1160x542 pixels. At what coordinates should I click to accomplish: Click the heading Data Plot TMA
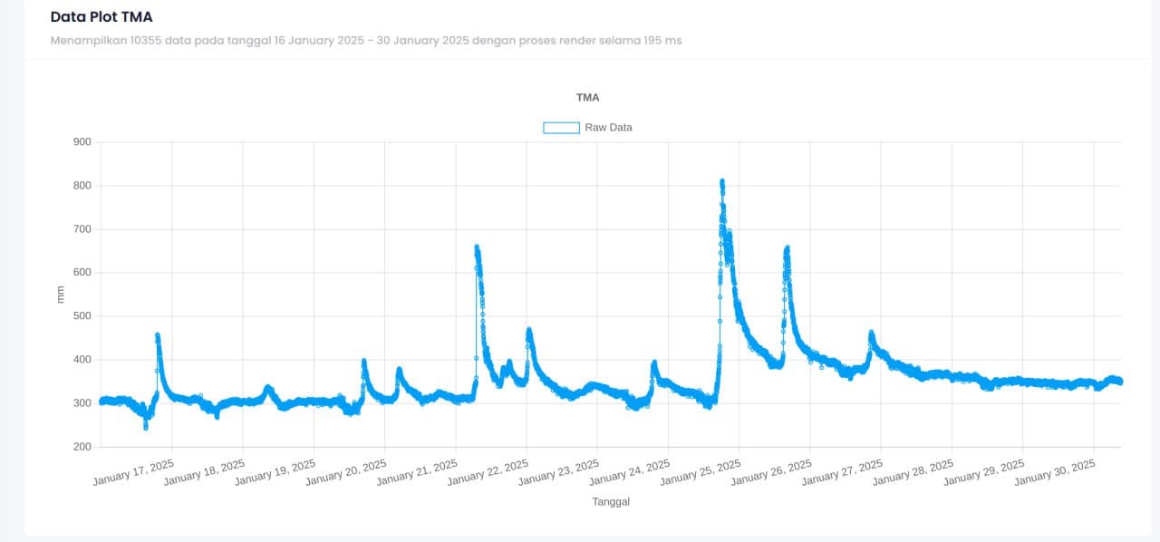click(x=101, y=16)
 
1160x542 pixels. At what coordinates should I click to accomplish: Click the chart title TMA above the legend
click(x=587, y=97)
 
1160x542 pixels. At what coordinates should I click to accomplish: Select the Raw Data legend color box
click(x=561, y=128)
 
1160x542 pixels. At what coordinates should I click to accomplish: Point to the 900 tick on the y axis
click(x=82, y=142)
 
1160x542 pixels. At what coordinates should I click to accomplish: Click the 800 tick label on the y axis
click(x=82, y=186)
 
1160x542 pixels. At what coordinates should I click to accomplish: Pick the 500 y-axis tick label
click(x=82, y=316)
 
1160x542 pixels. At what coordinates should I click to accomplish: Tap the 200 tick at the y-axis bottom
click(x=82, y=447)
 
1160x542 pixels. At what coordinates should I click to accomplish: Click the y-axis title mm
click(x=61, y=294)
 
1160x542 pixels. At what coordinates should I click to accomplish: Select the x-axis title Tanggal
click(x=611, y=501)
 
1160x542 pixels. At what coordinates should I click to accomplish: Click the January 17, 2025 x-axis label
click(x=133, y=472)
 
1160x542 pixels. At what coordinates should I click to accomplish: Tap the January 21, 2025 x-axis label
click(x=417, y=472)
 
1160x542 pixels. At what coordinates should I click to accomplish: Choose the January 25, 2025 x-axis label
click(x=701, y=472)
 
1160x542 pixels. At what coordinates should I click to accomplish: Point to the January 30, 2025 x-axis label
click(x=1055, y=472)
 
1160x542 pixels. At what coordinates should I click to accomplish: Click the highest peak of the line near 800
click(x=722, y=182)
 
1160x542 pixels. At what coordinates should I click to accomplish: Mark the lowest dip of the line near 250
click(x=146, y=427)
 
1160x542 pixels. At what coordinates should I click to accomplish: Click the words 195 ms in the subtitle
click(x=662, y=41)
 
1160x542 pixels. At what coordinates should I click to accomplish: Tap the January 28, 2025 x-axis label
click(x=913, y=472)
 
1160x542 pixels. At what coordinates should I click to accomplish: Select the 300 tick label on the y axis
click(x=82, y=403)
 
